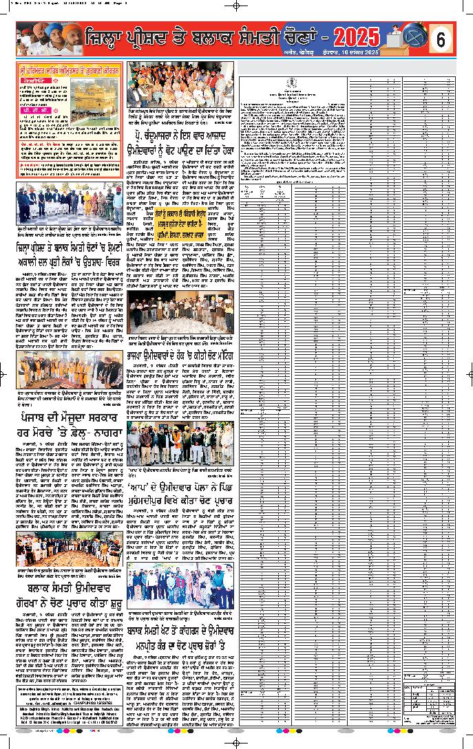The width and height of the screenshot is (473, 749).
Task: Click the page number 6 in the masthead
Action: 441,40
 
